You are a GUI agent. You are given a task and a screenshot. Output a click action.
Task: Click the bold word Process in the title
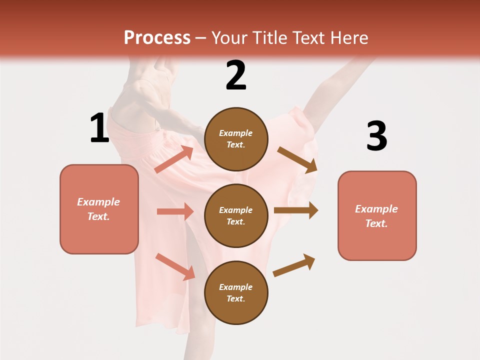157,38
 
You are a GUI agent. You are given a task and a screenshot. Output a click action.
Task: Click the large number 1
99,128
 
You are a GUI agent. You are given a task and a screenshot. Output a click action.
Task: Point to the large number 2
236,76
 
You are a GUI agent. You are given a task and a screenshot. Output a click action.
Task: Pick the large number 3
376,136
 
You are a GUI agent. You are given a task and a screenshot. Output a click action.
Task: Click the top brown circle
236,139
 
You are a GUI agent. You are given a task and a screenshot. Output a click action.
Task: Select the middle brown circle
236,215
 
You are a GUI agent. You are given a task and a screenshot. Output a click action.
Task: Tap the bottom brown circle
236,292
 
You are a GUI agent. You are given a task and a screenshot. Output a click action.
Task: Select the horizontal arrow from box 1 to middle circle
175,211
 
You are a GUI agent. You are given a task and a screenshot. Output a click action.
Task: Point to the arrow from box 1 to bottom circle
175,266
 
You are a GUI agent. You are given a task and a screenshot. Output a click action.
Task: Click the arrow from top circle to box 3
297,160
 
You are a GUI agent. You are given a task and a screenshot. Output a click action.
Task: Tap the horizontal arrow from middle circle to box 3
296,210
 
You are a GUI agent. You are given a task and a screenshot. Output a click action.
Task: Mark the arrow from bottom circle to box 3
294,265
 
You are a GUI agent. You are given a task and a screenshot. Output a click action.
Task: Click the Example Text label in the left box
99,209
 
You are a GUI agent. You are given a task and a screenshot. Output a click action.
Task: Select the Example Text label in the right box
377,216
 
